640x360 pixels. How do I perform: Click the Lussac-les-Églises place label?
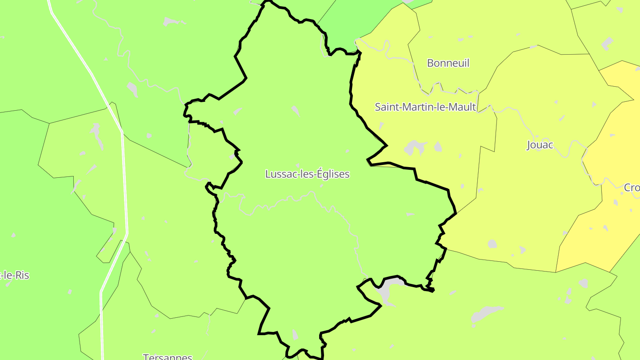(x=307, y=174)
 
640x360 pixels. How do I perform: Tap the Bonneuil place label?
(x=448, y=63)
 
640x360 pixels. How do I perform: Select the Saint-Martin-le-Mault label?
(x=425, y=107)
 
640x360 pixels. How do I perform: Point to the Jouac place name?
(x=540, y=145)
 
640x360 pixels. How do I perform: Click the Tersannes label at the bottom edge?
(x=168, y=356)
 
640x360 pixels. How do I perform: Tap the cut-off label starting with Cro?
(x=632, y=188)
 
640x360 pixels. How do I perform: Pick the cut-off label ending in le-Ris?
(x=15, y=275)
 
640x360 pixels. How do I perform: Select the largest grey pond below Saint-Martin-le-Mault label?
(x=414, y=147)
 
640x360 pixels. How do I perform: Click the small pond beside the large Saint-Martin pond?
(x=438, y=147)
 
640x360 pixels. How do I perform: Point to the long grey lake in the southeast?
(x=486, y=314)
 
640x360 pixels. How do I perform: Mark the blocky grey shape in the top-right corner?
(x=607, y=44)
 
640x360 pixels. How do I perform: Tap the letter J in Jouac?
(x=529, y=145)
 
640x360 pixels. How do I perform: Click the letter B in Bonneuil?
(x=430, y=63)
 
